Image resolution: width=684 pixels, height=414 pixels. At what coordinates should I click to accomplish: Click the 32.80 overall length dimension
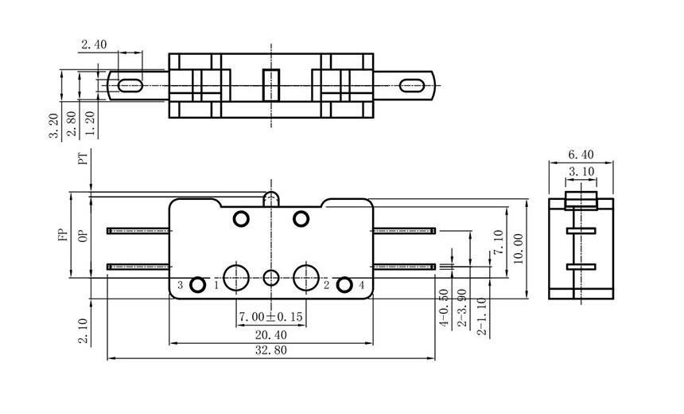click(270, 350)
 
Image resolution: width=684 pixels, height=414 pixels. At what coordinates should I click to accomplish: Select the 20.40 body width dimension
click(270, 334)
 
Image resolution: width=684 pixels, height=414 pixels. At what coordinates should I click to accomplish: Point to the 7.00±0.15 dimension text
click(270, 317)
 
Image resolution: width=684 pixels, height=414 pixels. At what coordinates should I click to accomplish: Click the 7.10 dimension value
click(499, 241)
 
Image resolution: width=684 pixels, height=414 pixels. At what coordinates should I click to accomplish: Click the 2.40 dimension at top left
click(93, 45)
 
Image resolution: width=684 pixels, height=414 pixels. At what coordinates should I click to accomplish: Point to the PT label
click(82, 159)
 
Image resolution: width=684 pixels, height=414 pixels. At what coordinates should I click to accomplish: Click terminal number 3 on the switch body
click(181, 285)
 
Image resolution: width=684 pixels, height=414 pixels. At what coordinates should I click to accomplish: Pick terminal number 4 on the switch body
click(362, 285)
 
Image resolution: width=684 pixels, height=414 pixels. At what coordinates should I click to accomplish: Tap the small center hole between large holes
click(271, 278)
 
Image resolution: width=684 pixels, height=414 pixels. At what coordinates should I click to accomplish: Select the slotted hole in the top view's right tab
click(412, 84)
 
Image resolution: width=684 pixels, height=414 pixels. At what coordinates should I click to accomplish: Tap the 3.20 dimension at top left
click(53, 126)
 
